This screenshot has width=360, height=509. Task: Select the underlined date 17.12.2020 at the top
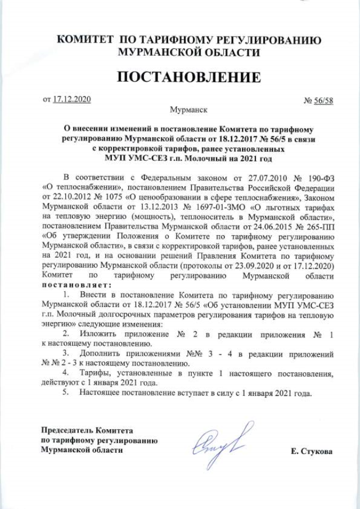(x=71, y=99)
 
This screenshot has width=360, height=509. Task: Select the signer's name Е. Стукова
(x=312, y=452)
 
